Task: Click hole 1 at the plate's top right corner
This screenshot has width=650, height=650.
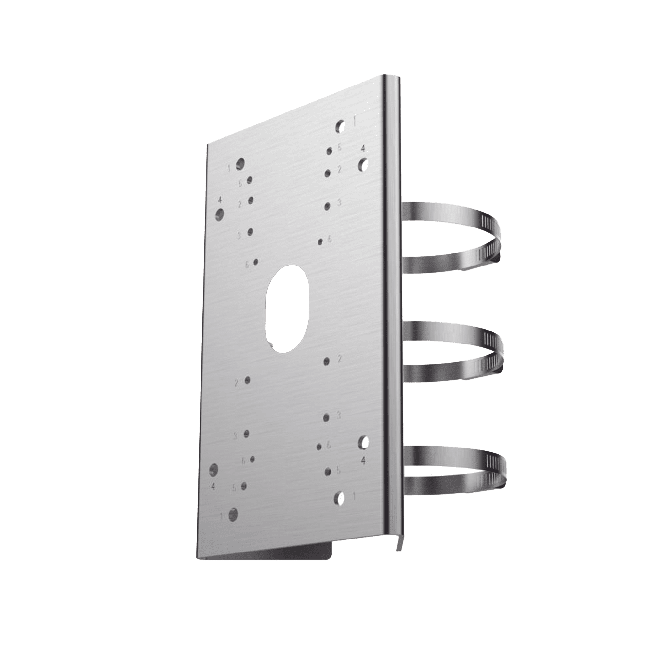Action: pos(341,126)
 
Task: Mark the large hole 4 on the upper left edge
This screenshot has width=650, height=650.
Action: pos(220,214)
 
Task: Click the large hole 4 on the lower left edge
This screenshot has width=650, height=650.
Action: pos(214,470)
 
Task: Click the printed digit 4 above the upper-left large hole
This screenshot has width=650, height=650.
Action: pos(220,200)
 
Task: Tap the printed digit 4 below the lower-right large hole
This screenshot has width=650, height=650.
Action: pos(363,461)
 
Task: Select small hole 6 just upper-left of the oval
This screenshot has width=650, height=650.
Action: pos(256,262)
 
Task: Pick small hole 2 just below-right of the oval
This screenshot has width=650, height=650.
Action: pos(326,361)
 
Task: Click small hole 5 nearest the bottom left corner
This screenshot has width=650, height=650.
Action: pos(244,486)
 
